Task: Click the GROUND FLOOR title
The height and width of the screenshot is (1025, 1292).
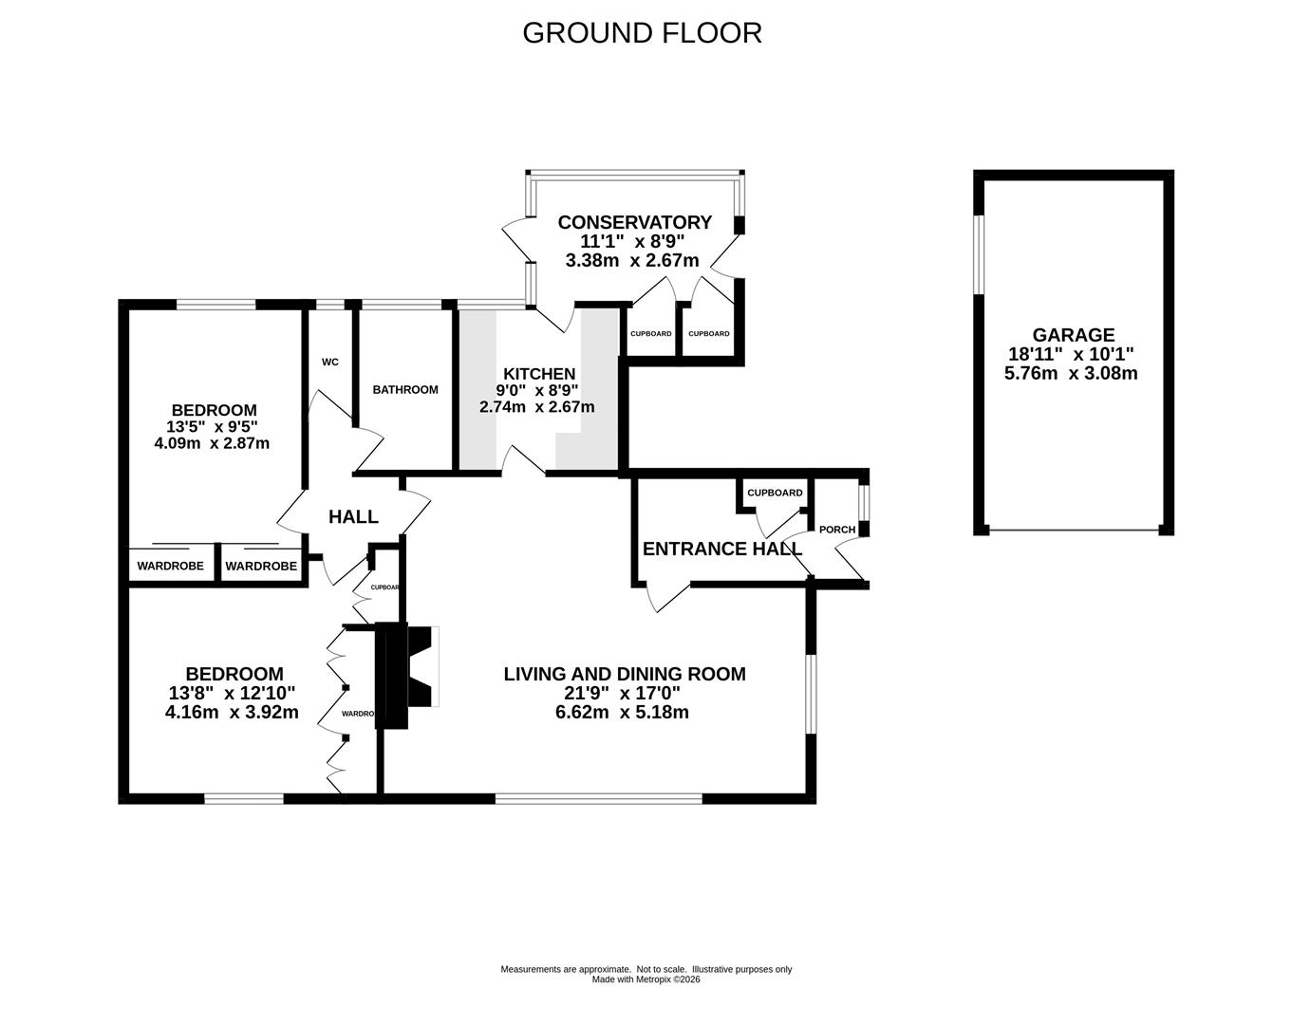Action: coord(642,33)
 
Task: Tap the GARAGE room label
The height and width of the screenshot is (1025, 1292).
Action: coord(1074,334)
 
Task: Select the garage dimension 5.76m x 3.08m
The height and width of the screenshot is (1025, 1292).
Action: coord(1071,373)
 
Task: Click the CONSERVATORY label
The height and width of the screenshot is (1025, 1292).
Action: coord(634,222)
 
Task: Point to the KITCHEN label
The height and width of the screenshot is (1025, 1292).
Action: coord(539,374)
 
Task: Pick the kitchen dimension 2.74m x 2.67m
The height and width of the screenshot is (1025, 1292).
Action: coord(536,407)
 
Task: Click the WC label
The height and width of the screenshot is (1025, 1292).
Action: coord(330,363)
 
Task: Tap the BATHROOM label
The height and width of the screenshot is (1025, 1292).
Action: coord(405,390)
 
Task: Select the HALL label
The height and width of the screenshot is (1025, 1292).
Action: coord(353,516)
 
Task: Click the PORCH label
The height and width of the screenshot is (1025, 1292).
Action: coord(837,529)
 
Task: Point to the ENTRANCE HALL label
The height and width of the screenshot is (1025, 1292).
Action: coord(722,549)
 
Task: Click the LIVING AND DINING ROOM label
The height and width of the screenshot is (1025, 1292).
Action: coord(625,674)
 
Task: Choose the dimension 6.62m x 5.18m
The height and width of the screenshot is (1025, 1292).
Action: coord(622,712)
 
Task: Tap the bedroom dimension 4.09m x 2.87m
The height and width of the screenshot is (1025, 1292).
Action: coord(212,444)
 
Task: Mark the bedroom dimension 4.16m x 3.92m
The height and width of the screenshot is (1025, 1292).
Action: coord(232,712)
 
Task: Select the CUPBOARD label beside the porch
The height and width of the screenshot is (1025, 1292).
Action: coord(775,493)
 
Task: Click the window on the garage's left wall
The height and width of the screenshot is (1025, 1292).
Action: coord(979,254)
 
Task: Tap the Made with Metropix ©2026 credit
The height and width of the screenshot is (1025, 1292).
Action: coord(646,979)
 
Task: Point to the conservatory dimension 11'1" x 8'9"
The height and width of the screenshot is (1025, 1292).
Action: coord(632,241)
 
